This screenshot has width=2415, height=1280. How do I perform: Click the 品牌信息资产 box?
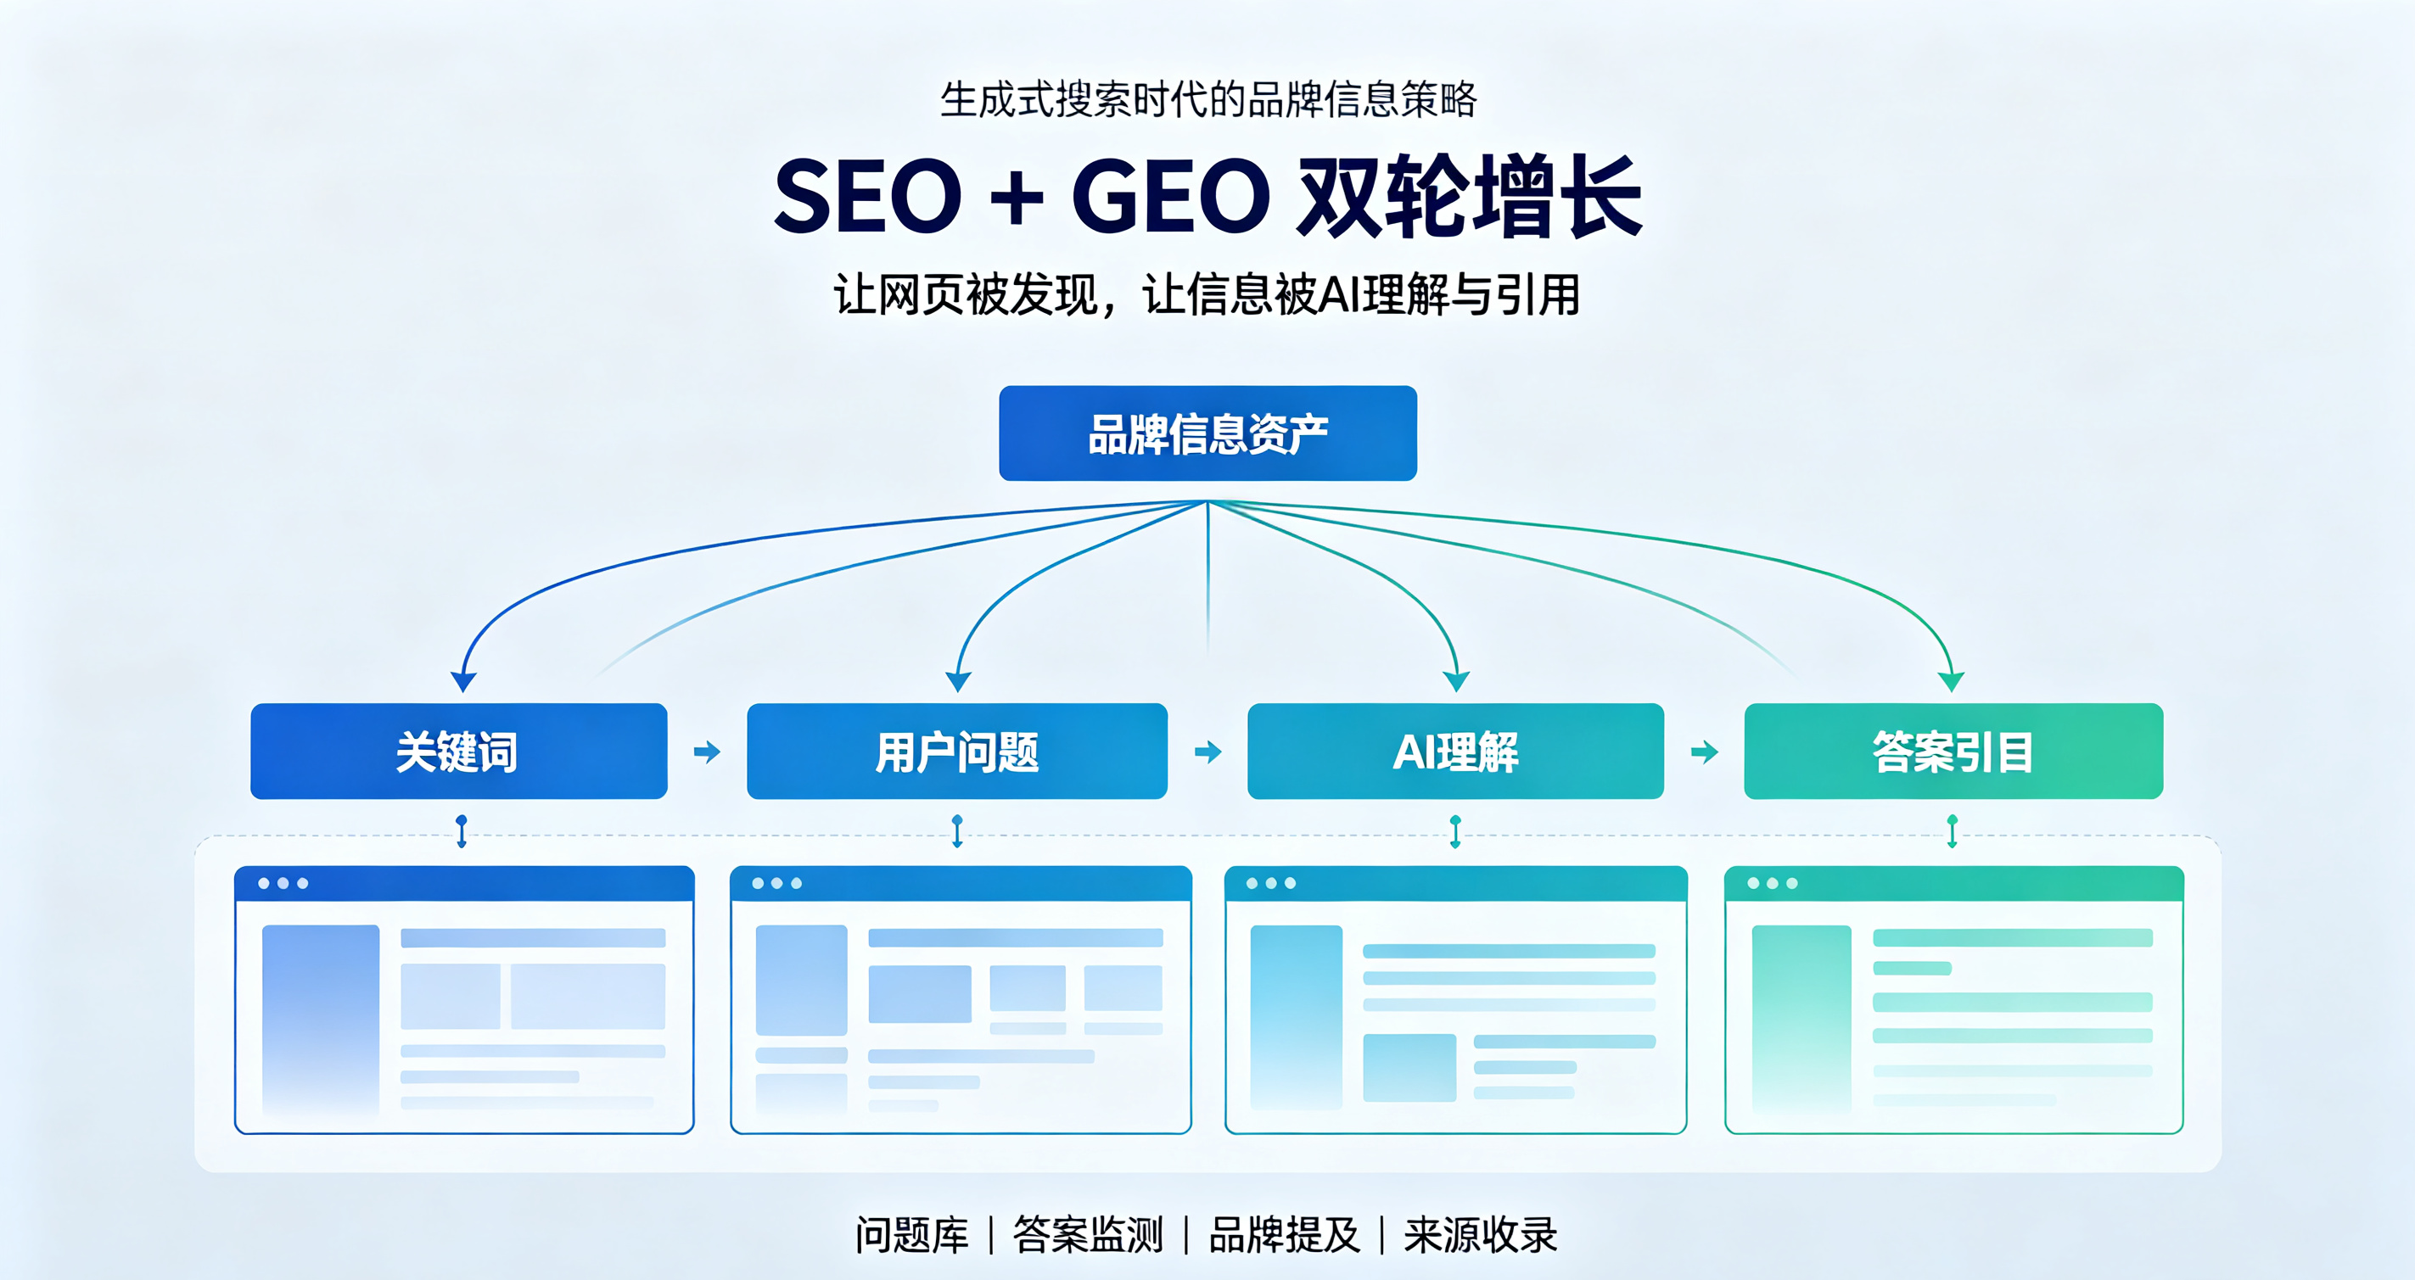click(x=1207, y=433)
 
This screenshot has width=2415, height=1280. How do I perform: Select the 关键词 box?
click(x=458, y=752)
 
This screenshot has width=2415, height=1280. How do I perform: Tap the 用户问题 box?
click(x=957, y=752)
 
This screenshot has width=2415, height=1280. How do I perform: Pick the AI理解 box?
click(x=1456, y=752)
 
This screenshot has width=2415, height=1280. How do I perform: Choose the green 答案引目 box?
click(x=1953, y=752)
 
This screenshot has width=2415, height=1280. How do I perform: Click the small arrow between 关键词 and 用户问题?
click(x=707, y=752)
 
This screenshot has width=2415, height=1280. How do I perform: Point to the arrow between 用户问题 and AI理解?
click(x=1207, y=752)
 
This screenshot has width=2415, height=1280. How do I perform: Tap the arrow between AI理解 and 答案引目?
click(x=1705, y=752)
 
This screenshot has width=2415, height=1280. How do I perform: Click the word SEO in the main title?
click(x=868, y=196)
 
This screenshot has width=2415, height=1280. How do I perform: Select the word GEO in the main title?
click(x=1171, y=196)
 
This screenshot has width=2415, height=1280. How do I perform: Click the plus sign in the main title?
click(x=1017, y=198)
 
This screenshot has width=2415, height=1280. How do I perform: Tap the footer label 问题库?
click(x=911, y=1235)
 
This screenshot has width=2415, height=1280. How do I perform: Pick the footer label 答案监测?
click(x=1089, y=1235)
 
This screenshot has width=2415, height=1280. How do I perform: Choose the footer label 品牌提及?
click(x=1285, y=1235)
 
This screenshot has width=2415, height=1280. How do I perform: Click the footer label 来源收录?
click(x=1481, y=1235)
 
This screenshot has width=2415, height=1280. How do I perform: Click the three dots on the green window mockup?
click(x=1772, y=883)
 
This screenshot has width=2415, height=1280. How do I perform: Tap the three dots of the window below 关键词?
click(x=283, y=883)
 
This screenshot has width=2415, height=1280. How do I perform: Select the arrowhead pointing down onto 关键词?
click(x=463, y=681)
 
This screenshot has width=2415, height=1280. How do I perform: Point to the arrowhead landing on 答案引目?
click(x=1951, y=681)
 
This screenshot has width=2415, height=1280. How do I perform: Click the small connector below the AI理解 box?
click(x=1455, y=831)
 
